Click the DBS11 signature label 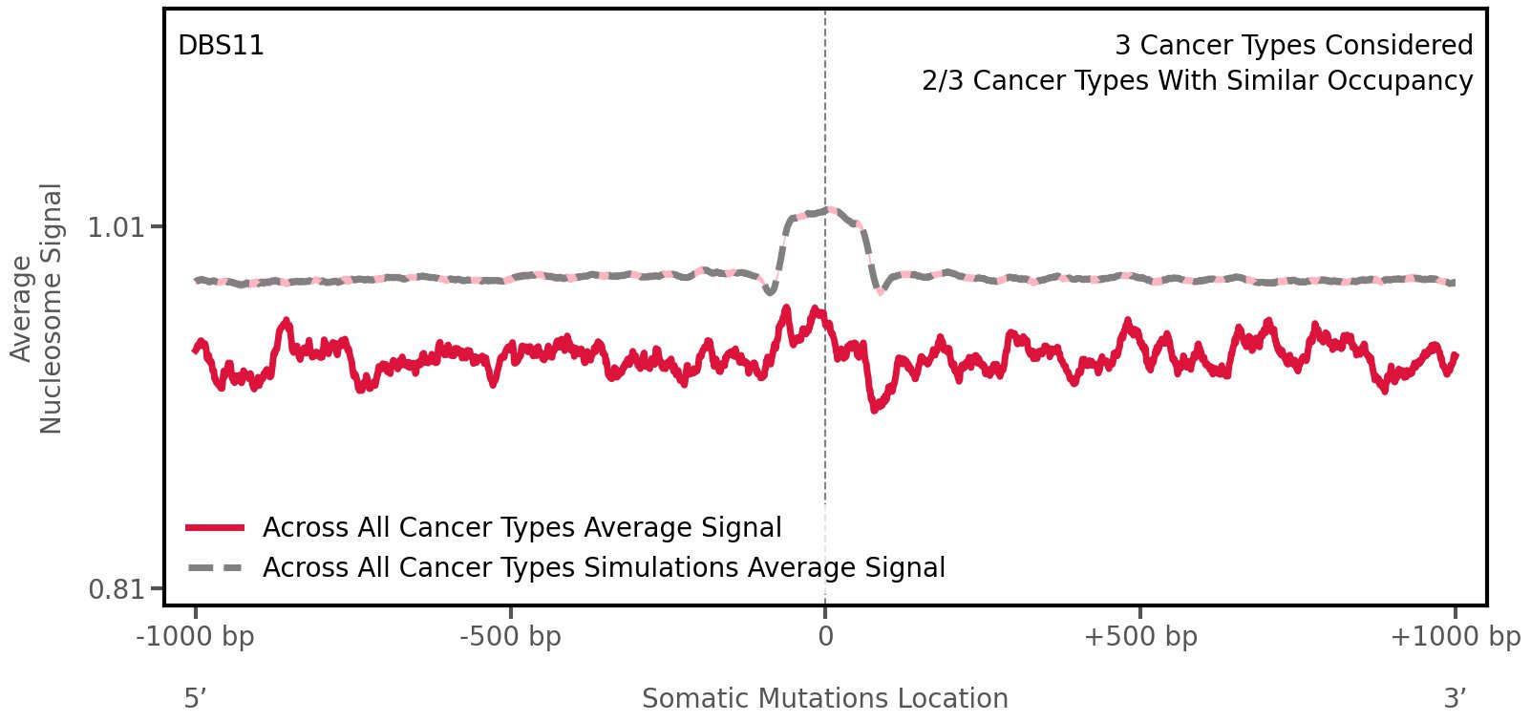tap(221, 46)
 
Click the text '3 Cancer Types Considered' tap(1293, 46)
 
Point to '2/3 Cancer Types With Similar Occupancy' tap(1197, 81)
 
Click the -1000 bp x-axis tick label tap(196, 637)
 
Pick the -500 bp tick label tap(510, 637)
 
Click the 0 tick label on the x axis tap(825, 637)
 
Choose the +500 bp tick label tap(1140, 637)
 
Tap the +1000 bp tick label tap(1455, 637)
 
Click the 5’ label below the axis tap(195, 699)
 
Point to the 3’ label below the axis tap(1455, 699)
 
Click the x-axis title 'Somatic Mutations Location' tap(825, 699)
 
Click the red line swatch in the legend tap(216, 527)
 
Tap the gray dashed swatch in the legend tap(216, 568)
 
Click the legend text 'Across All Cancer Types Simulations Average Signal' tap(604, 568)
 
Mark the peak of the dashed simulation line tap(829, 209)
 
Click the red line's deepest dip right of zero tap(874, 409)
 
